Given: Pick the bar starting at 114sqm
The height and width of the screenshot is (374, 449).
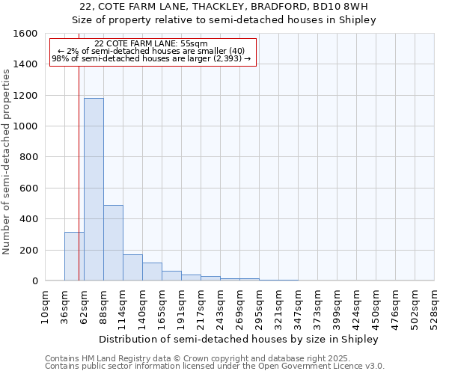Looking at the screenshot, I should pos(132,268).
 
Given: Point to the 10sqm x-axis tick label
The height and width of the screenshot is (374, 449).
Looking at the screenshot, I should pos(45,305).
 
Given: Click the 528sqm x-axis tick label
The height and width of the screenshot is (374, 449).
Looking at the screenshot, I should pos(435,305).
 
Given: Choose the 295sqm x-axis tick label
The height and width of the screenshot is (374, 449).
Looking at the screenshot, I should pos(260,305).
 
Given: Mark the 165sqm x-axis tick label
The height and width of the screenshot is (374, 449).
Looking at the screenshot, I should pos(162,305).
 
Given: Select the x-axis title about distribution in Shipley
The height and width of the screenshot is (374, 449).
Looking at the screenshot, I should pos(239,339).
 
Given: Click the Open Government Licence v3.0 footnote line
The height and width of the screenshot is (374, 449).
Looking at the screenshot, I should pos(215,367).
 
